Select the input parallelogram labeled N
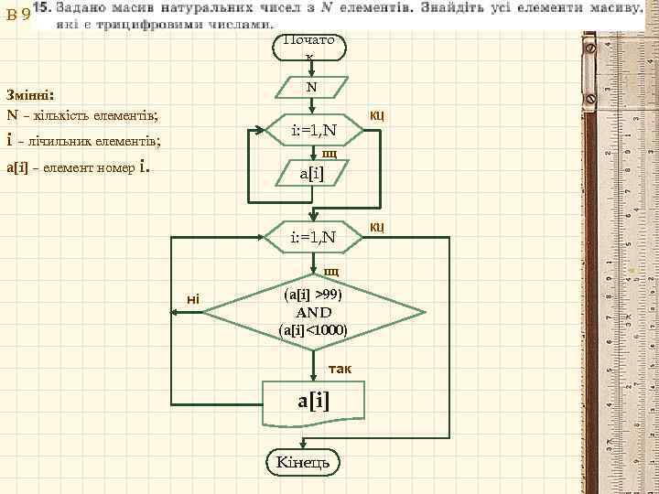click(311, 88)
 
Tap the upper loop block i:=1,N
click(313, 132)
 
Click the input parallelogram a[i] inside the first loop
click(312, 173)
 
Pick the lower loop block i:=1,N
click(313, 238)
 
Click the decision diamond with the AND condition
click(313, 312)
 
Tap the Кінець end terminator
click(303, 462)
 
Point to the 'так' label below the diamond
click(340, 367)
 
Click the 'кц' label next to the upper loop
click(376, 115)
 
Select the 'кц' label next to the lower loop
click(376, 226)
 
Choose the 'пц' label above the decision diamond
click(330, 272)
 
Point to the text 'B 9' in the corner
click(16, 14)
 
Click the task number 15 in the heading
click(41, 8)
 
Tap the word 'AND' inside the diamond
click(313, 312)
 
